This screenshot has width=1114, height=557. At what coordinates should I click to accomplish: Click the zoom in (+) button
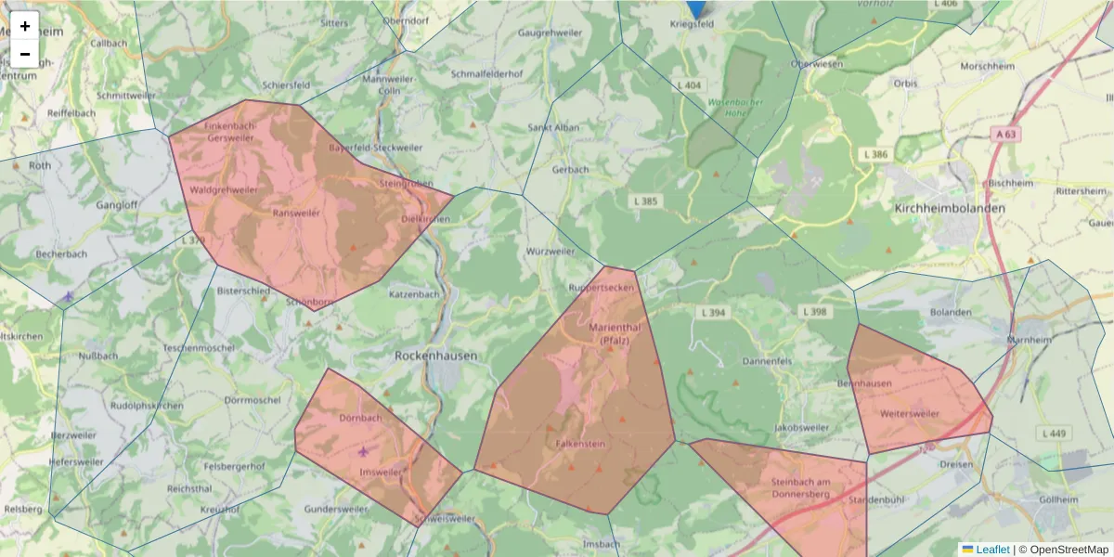coord(25,26)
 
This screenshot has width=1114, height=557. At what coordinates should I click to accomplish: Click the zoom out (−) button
coord(25,54)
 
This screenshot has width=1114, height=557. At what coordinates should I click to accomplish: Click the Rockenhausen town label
coord(435,356)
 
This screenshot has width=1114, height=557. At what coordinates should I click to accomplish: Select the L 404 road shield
coord(689,85)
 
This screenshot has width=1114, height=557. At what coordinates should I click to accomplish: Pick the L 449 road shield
coord(1054,433)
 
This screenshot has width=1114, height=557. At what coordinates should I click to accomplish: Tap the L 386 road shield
coord(874,154)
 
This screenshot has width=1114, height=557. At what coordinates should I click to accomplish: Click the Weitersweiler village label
coord(910,413)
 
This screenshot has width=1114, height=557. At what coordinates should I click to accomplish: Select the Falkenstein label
coord(580,445)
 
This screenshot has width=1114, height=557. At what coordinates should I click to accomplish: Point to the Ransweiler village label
coord(296,213)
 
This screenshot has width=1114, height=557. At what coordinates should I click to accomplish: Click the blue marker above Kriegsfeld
coord(695,7)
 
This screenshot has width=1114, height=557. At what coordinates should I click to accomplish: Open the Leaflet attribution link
coord(991,550)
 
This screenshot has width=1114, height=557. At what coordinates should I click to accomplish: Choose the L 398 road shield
coord(814,312)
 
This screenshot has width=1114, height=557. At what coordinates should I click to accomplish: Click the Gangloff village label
coord(117,204)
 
